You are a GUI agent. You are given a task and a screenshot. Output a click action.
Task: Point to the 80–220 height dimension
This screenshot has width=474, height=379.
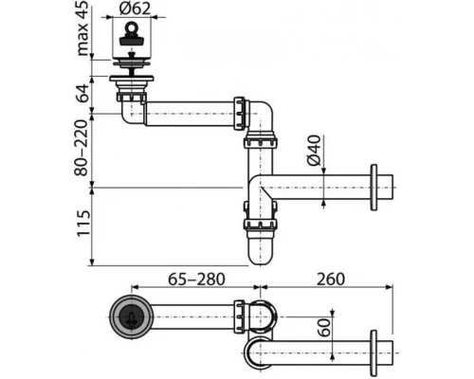[83, 147]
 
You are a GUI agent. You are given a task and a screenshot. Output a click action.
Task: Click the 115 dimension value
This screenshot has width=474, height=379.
[83, 226]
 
